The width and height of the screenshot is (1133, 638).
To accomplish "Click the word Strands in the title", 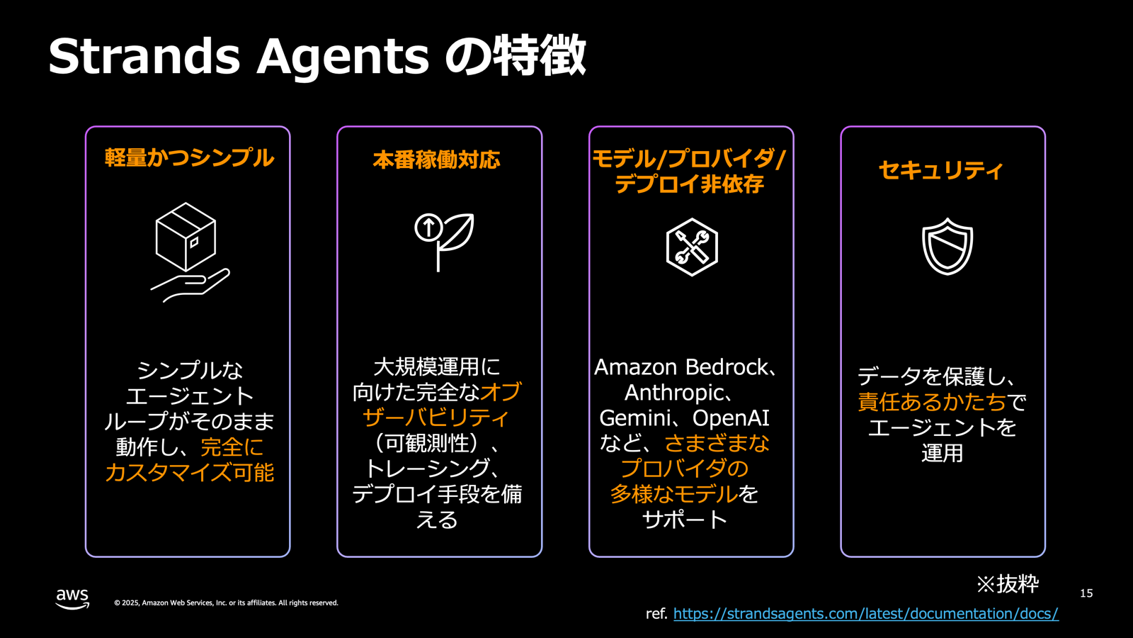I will coord(144,55).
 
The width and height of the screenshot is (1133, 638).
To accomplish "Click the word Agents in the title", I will coord(343,57).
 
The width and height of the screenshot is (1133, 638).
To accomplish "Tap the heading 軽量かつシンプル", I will coord(189,157).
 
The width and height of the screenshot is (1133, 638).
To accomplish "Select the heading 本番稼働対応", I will coord(436,160).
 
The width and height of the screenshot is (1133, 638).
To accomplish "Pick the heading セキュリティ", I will coord(941,170).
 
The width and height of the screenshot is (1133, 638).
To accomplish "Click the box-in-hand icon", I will coord(189,252).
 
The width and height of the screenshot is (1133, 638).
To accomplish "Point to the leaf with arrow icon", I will coord(444,241).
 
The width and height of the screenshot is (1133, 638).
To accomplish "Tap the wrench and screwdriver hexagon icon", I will coord(692,247).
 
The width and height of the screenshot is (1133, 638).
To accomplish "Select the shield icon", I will coord(947,246).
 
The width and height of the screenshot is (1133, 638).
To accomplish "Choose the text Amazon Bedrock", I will coord(681,367).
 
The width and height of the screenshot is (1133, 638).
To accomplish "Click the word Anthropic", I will coord(674,393).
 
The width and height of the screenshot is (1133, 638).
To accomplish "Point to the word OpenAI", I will coord(731,418).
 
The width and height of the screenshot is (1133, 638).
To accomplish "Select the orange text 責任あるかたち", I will coord(932,402).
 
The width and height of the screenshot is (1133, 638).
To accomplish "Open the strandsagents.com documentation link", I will coord(865,614).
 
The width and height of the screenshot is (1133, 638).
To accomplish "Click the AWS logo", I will coord(72,599).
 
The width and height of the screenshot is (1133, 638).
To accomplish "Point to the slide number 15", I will coord(1086,593).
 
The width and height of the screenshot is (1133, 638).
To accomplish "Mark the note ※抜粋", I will coord(1007,584).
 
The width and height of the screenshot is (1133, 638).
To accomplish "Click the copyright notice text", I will coord(226,603).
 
